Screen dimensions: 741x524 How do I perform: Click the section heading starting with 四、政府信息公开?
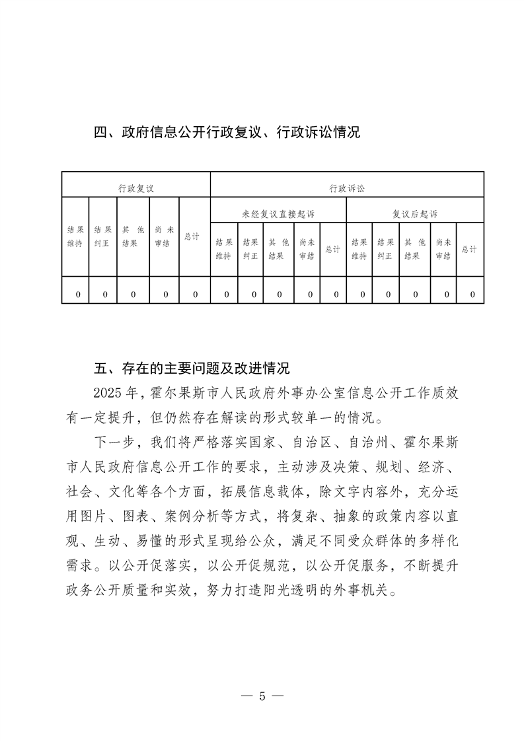click(x=227, y=132)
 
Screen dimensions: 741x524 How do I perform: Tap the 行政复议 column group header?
click(x=136, y=188)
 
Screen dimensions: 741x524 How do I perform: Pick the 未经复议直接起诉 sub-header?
click(x=278, y=214)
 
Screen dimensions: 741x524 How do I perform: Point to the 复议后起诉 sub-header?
click(x=415, y=214)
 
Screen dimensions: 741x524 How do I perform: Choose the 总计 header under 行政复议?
click(x=192, y=236)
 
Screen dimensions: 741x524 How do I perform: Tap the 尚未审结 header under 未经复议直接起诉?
click(x=307, y=249)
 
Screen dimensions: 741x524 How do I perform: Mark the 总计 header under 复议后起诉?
click(x=469, y=249)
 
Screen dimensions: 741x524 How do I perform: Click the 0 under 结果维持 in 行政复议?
click(x=77, y=294)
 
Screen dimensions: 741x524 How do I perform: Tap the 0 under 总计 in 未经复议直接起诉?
click(x=336, y=294)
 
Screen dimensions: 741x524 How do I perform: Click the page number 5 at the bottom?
click(x=262, y=695)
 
